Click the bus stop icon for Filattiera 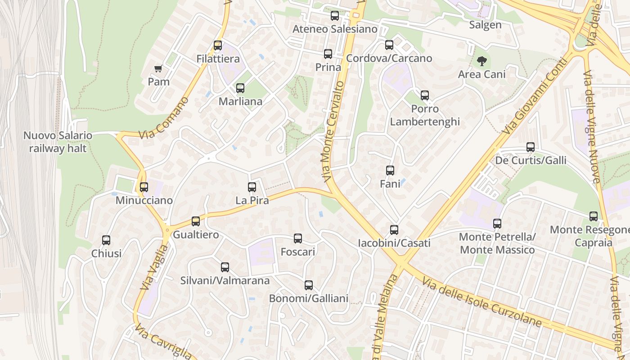(x=218, y=45)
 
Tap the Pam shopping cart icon (x=158, y=69)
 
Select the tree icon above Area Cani (x=482, y=61)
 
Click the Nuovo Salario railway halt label (x=58, y=142)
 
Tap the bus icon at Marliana (x=240, y=88)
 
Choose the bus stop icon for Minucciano (x=144, y=187)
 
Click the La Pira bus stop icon (x=252, y=187)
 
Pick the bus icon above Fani (x=390, y=171)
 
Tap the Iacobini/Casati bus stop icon (x=394, y=230)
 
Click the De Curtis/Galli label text (x=531, y=161)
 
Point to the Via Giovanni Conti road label (x=534, y=96)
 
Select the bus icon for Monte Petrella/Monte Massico (x=497, y=224)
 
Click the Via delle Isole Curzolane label (x=481, y=302)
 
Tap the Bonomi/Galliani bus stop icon (x=309, y=285)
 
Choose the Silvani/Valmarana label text (x=225, y=281)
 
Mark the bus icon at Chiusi (x=106, y=240)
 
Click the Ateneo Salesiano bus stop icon (x=335, y=16)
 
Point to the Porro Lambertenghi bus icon (x=425, y=95)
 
